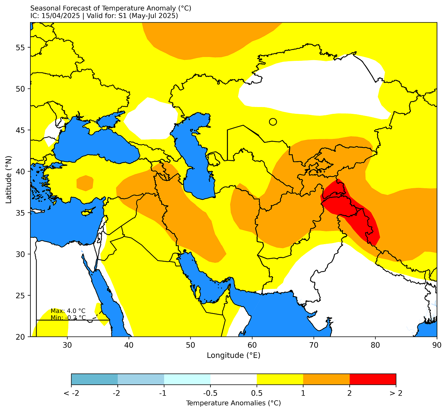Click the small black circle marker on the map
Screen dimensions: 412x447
point(273,122)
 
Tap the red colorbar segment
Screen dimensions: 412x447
point(373,379)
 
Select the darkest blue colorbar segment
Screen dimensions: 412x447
point(94,379)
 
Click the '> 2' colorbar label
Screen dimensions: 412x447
point(395,393)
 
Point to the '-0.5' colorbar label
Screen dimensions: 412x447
point(210,393)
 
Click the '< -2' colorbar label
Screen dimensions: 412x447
point(71,393)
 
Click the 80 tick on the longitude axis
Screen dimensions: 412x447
point(375,345)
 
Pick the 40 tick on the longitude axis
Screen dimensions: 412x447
point(129,345)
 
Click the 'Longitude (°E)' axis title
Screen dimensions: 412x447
point(233,355)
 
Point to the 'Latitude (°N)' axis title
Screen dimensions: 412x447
point(9,179)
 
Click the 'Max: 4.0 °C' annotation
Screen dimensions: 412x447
point(68,311)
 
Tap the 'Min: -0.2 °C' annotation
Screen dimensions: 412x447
point(68,318)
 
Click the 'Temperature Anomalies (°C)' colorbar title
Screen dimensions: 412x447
point(233,403)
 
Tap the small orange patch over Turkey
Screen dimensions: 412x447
point(85,183)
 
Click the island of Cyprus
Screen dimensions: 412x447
point(87,212)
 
